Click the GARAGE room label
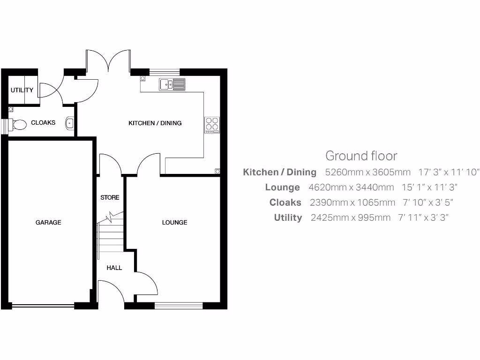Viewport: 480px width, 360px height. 48,222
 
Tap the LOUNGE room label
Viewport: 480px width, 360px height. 174,222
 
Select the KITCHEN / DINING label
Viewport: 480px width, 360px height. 155,123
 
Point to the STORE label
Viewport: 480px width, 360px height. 110,197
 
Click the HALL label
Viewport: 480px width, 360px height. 114,268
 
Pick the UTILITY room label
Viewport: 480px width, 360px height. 22,90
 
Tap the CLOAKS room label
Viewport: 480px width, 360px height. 43,122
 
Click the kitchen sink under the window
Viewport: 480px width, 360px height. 172,84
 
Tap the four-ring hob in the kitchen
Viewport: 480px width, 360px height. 212,124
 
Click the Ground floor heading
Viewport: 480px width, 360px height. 361,156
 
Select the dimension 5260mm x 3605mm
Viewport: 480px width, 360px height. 367,172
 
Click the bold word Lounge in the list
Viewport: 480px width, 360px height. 282,187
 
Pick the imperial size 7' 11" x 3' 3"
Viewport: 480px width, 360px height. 423,217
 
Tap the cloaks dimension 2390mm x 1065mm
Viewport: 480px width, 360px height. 352,202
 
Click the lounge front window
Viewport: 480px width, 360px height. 179,306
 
